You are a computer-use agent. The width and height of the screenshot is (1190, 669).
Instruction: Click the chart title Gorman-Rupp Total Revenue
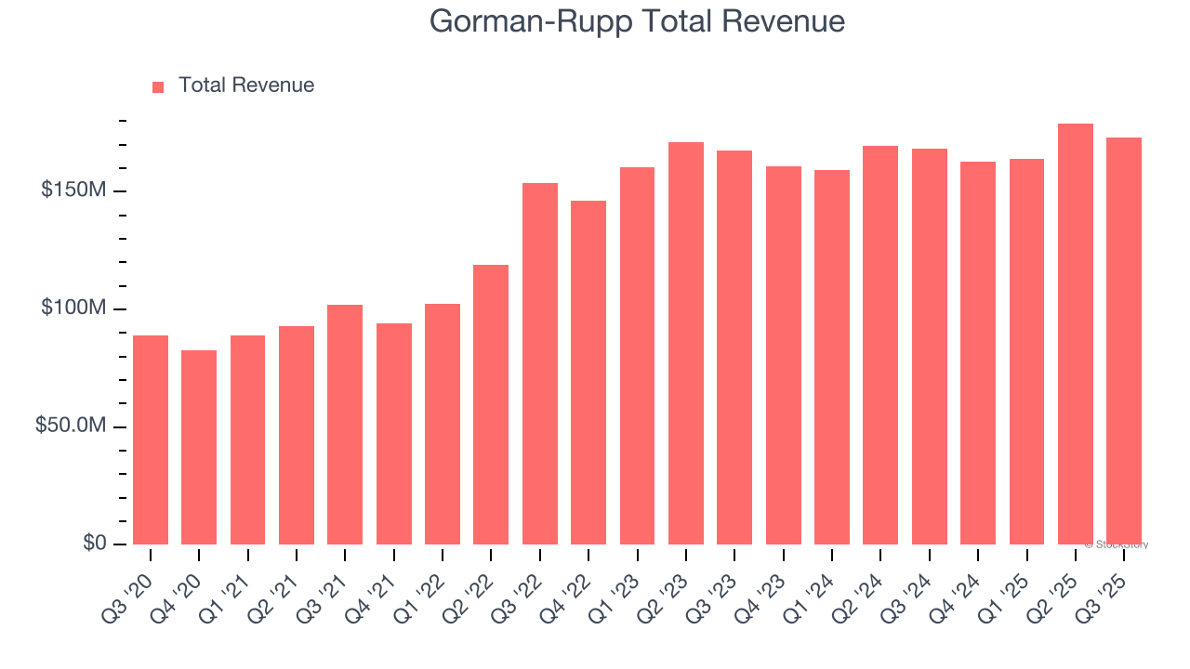click(x=637, y=21)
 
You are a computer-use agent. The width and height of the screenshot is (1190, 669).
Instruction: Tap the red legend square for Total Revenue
click(x=158, y=86)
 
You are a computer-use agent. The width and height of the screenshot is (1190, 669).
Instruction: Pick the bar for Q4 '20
click(x=199, y=447)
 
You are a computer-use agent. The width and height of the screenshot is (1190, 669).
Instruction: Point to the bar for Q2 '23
click(x=686, y=343)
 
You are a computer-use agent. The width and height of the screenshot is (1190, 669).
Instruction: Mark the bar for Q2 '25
click(x=1076, y=334)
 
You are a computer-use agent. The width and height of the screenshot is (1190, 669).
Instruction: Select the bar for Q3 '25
click(x=1124, y=341)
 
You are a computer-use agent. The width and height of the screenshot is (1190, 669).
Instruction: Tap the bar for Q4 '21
click(x=394, y=434)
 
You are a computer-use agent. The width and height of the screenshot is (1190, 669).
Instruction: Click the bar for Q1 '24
click(x=832, y=357)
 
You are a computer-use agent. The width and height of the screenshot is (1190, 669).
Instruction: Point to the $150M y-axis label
click(x=73, y=190)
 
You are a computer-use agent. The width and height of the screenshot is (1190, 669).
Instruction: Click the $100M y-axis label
click(x=73, y=308)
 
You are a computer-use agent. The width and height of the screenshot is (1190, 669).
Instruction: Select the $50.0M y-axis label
click(x=70, y=426)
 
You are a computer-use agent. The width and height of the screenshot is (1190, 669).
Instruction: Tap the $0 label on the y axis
click(x=95, y=543)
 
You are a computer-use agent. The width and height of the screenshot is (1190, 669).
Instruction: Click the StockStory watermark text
click(x=1117, y=544)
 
